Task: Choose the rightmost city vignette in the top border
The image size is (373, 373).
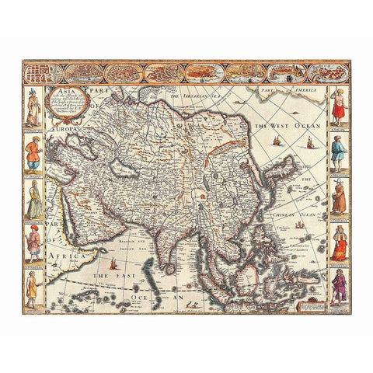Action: tap(329, 73)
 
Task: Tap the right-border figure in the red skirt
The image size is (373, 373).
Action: tap(339, 109)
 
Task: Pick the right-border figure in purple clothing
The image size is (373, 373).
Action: tap(339, 288)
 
